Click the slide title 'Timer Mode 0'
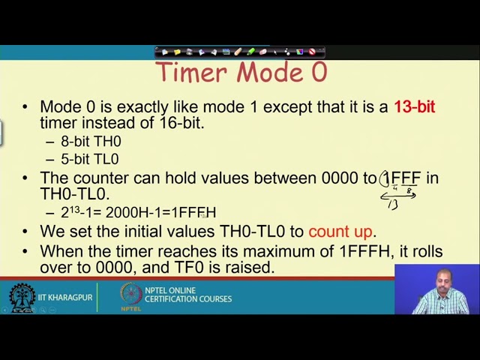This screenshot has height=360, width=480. (241, 73)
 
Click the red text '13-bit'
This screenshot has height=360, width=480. (414, 106)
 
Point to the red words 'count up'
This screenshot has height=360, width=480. (341, 231)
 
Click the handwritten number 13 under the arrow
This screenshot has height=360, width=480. (392, 204)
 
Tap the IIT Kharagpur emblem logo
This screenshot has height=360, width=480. (22, 298)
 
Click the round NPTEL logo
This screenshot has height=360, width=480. (131, 295)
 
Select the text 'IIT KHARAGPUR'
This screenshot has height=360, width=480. (67, 298)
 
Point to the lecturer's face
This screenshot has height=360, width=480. (440, 279)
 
